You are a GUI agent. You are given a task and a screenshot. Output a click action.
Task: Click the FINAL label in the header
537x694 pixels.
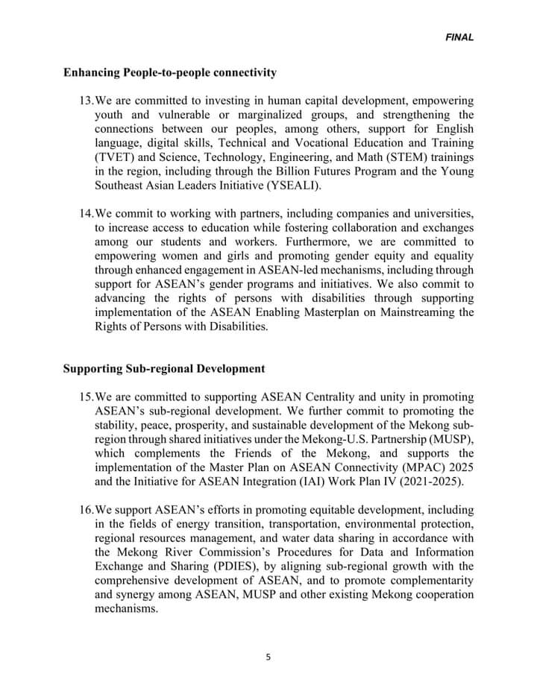459,37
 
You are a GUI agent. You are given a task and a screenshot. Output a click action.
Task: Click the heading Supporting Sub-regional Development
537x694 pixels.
164,368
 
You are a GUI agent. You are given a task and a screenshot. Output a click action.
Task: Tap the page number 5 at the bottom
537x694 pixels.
268,657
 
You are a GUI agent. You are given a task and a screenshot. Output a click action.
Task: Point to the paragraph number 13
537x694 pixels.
86,100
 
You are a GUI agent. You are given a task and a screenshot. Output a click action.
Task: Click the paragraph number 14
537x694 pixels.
86,214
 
